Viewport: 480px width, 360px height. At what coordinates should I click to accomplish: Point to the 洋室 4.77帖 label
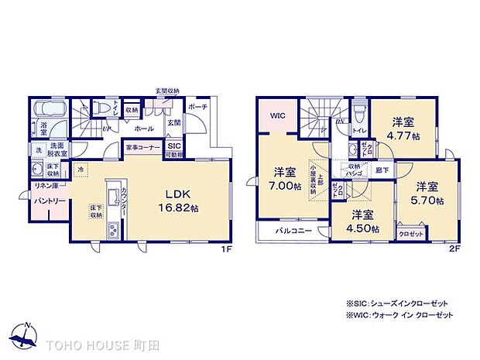pos(404,129)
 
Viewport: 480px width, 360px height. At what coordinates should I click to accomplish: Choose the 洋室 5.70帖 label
pos(427,193)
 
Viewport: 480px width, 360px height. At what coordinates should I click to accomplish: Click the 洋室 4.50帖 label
pos(362,221)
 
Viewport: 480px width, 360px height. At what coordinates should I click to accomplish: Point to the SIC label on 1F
pos(174,146)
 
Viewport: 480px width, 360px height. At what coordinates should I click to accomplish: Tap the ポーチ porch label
pos(197,108)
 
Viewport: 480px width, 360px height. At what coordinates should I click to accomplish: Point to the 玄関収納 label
pos(167,91)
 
